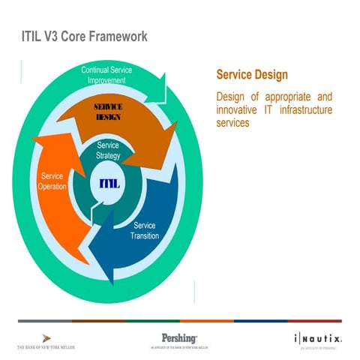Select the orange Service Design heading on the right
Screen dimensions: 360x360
[252, 76]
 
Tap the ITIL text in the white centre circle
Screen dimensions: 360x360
[109, 184]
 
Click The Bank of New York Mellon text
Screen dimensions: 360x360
[46, 348]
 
